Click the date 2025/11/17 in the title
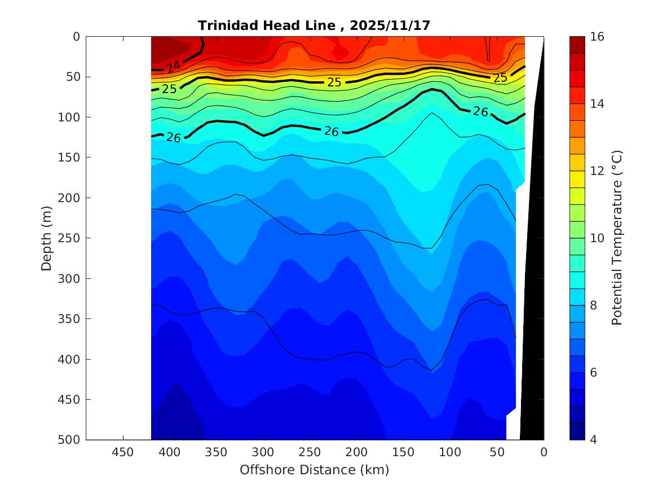tap(390, 25)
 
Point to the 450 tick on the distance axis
tap(123, 452)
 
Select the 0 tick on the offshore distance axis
tap(544, 452)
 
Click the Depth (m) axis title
tap(46, 238)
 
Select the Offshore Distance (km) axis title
tap(314, 470)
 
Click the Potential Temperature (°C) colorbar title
tap(617, 238)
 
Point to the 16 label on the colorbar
tap(598, 37)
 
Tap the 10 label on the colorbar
tap(598, 238)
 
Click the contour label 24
tap(173, 67)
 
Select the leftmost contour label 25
tap(169, 89)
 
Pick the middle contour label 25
tap(334, 82)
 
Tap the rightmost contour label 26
tap(480, 112)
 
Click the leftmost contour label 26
tap(174, 137)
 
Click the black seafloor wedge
tap(533, 282)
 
